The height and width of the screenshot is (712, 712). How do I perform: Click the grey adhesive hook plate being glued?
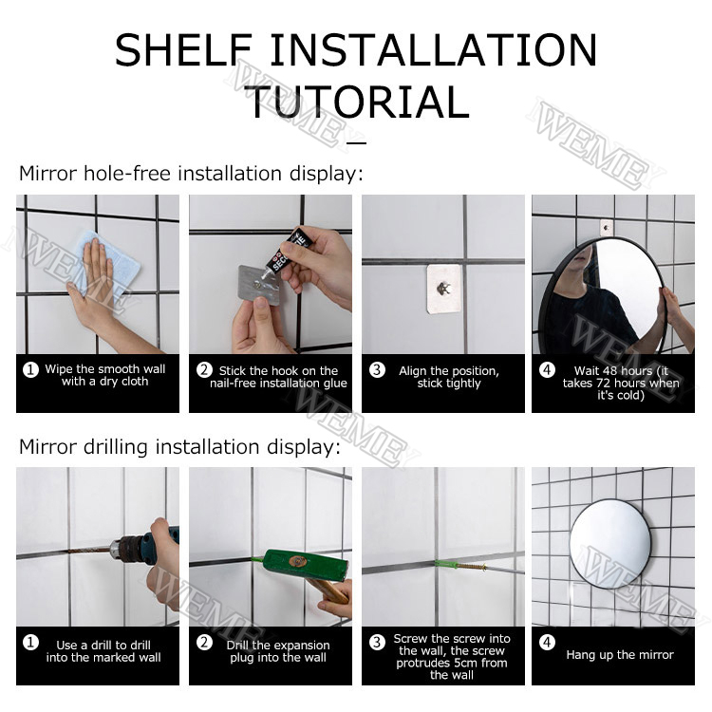click(x=259, y=285)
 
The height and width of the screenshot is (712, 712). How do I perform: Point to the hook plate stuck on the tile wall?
click(x=443, y=289)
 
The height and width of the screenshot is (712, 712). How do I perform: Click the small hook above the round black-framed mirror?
click(x=606, y=228)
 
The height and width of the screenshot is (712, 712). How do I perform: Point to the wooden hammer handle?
click(x=329, y=590)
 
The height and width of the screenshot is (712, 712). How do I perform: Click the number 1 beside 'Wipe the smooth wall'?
click(x=30, y=369)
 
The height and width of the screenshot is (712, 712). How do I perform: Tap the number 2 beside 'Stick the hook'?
click(x=204, y=370)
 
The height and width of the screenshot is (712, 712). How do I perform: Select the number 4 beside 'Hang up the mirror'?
click(x=547, y=642)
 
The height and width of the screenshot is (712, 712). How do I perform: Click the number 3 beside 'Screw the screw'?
click(x=377, y=642)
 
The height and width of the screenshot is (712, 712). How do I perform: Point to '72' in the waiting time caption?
click(x=602, y=383)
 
